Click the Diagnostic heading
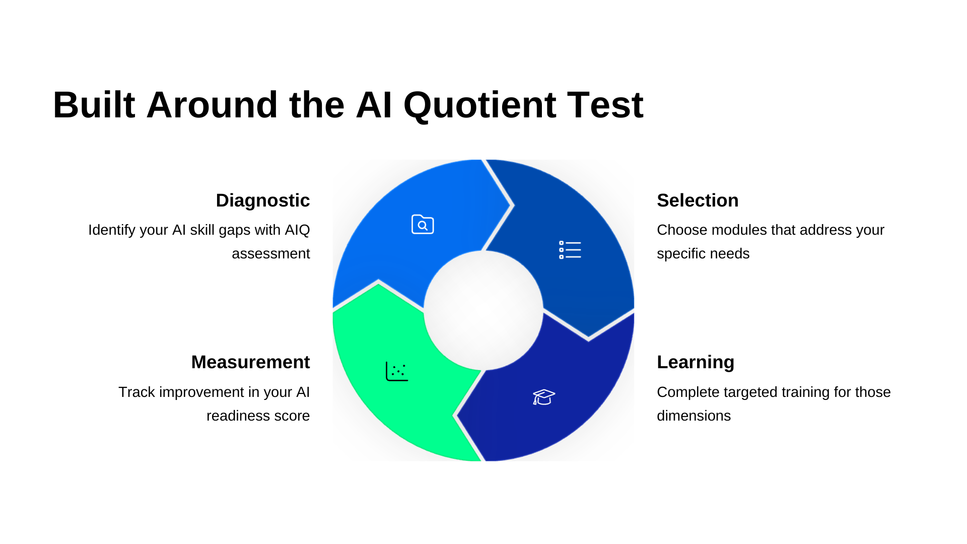[x=262, y=200]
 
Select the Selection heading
[x=698, y=200]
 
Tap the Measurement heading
[x=250, y=362]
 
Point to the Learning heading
[x=696, y=362]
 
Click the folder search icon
[x=423, y=225]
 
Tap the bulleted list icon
[x=570, y=250]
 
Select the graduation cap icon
[x=544, y=397]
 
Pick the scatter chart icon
[x=397, y=372]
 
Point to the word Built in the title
[x=94, y=105]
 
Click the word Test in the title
[x=605, y=105]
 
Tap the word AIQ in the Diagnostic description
[x=297, y=230]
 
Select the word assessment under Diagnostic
[x=270, y=254]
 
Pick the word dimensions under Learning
[x=694, y=416]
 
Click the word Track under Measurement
[x=136, y=392]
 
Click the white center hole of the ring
[x=483, y=310]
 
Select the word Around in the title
[x=212, y=105]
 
